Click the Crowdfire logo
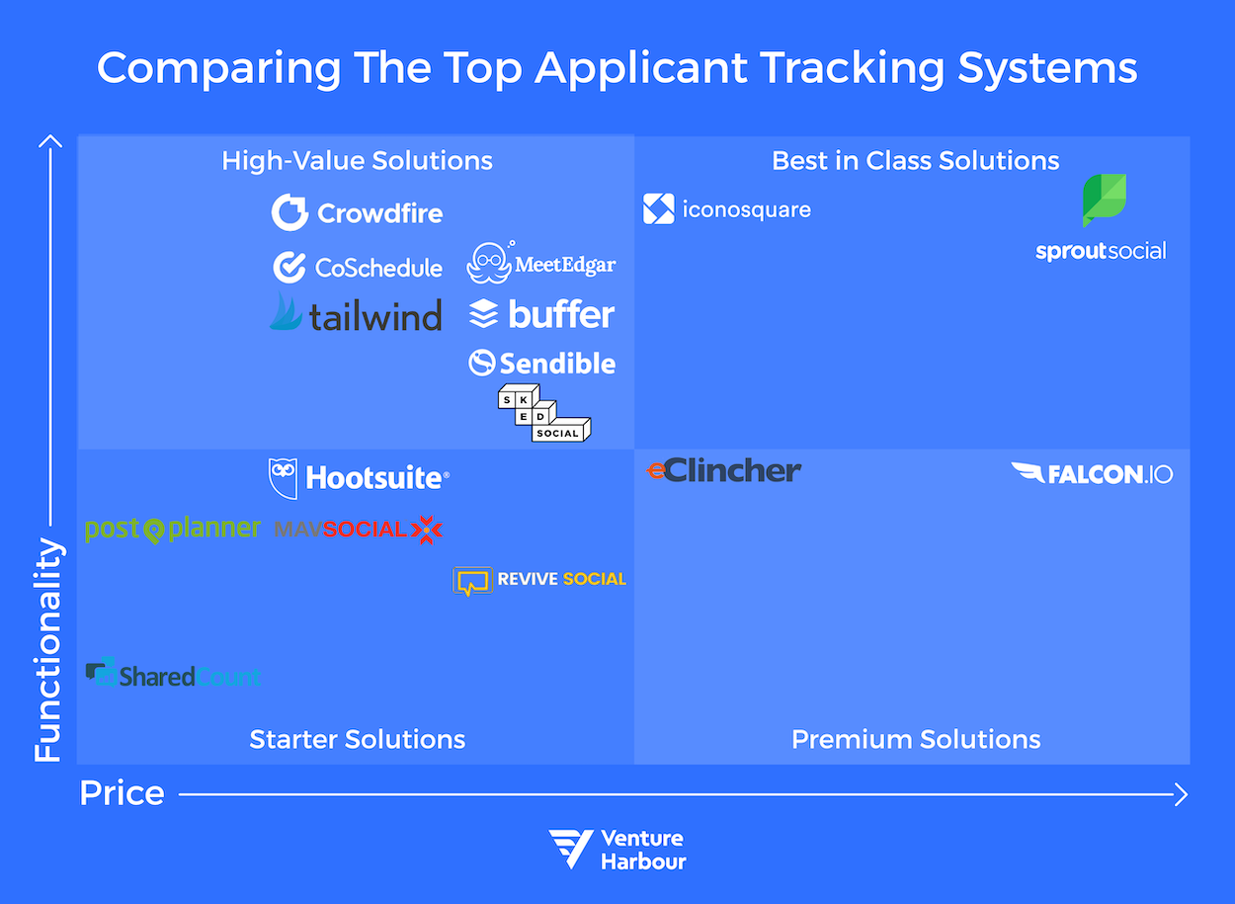[x=358, y=212]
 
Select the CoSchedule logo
[x=358, y=267]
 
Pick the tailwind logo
[x=356, y=314]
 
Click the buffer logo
[x=541, y=314]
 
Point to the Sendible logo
[x=541, y=364]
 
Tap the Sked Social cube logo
[x=543, y=412]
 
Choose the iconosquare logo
[x=727, y=209]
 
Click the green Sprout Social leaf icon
[x=1104, y=200]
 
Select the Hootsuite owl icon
[x=283, y=478]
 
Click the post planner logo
[x=173, y=530]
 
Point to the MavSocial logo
[x=358, y=530]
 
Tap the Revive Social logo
[x=539, y=580]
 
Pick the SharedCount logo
[x=173, y=675]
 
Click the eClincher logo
[x=724, y=471]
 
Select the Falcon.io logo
[x=1092, y=473]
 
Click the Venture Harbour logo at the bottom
[x=617, y=849]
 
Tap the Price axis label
[x=122, y=793]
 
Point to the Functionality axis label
[x=47, y=650]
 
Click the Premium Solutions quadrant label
[x=916, y=739]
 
